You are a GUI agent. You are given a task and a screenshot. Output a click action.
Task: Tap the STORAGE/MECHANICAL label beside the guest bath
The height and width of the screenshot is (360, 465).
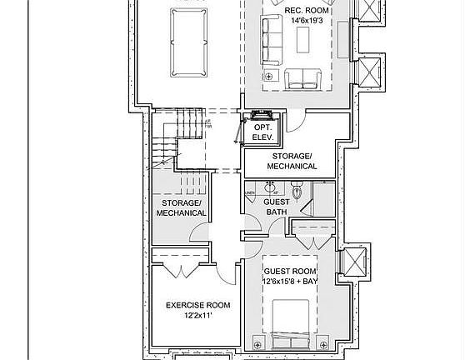[292, 161]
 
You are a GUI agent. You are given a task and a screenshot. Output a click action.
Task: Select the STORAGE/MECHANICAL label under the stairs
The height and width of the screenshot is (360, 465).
[181, 207]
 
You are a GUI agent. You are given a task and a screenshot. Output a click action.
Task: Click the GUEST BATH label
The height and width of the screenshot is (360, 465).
[277, 207]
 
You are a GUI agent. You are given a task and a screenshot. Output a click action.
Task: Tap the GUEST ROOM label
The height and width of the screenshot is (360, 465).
[289, 272]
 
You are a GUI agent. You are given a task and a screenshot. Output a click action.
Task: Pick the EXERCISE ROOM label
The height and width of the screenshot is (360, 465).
[197, 305]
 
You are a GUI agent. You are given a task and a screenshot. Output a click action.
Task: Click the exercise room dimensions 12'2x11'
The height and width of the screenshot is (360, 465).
[197, 317]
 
